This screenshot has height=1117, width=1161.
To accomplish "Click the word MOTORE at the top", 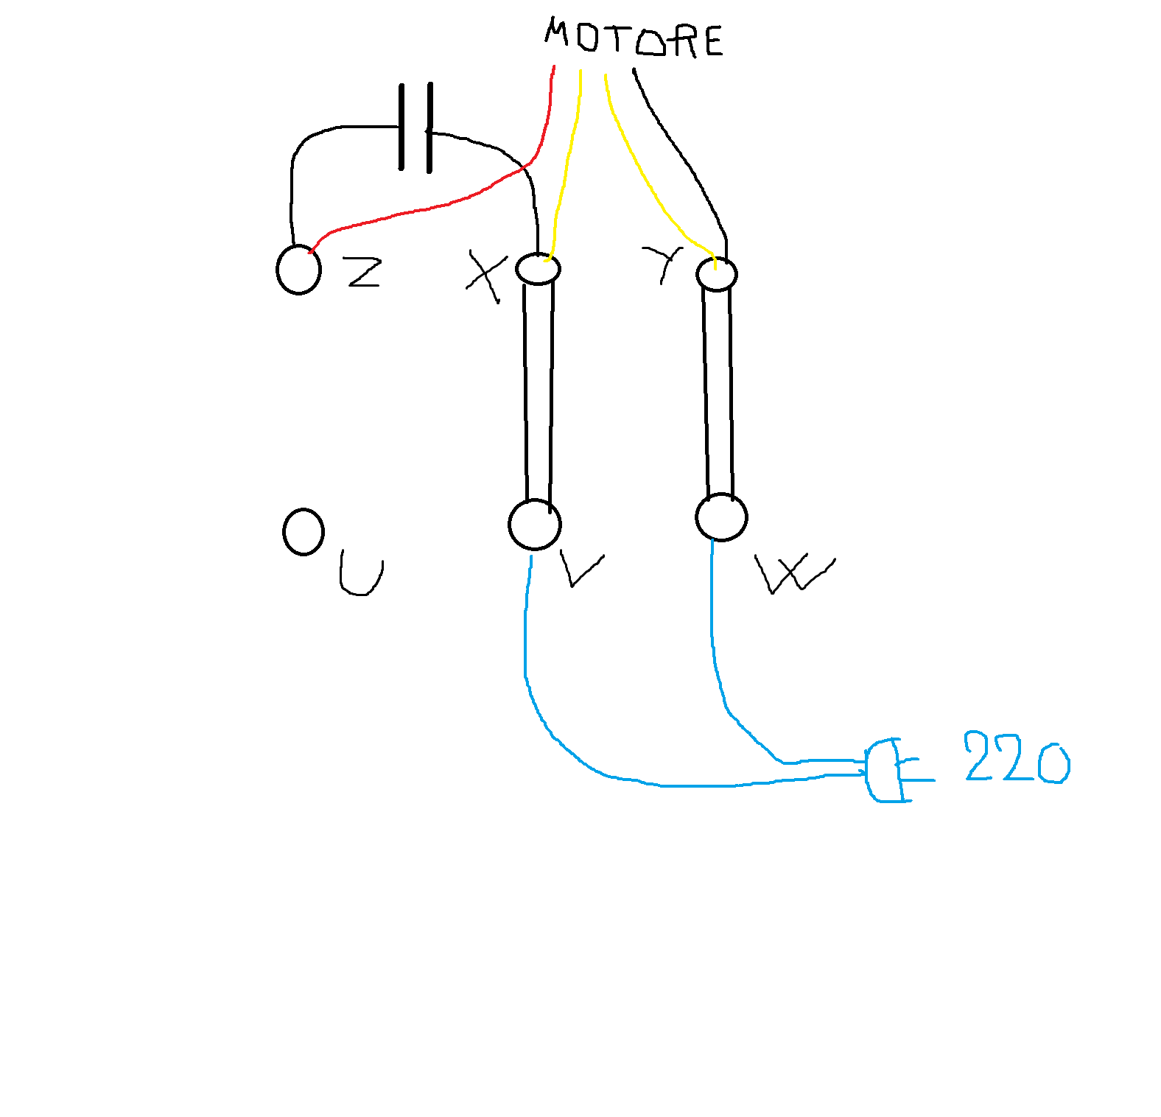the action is coord(634,38).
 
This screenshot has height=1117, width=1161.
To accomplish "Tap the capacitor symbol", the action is coord(415,127).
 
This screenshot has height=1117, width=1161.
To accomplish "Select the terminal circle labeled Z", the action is coord(298,270).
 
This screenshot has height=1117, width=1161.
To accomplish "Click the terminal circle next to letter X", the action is coord(538,269).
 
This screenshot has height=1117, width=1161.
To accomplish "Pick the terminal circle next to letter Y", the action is coord(716,275).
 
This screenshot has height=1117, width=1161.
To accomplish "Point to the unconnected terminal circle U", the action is coord(304,532).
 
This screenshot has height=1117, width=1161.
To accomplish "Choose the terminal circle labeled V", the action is coord(535,525).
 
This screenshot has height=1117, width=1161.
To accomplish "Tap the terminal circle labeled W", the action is coord(721,517).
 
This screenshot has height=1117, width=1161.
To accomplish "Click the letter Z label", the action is coord(364,272).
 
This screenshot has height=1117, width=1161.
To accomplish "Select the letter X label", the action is coord(487,276).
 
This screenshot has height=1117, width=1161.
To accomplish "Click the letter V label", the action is coord(582,569).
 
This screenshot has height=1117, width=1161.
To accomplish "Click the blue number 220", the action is coord(1017,757).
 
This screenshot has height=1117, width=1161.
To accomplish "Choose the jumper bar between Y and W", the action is coord(718,392).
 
